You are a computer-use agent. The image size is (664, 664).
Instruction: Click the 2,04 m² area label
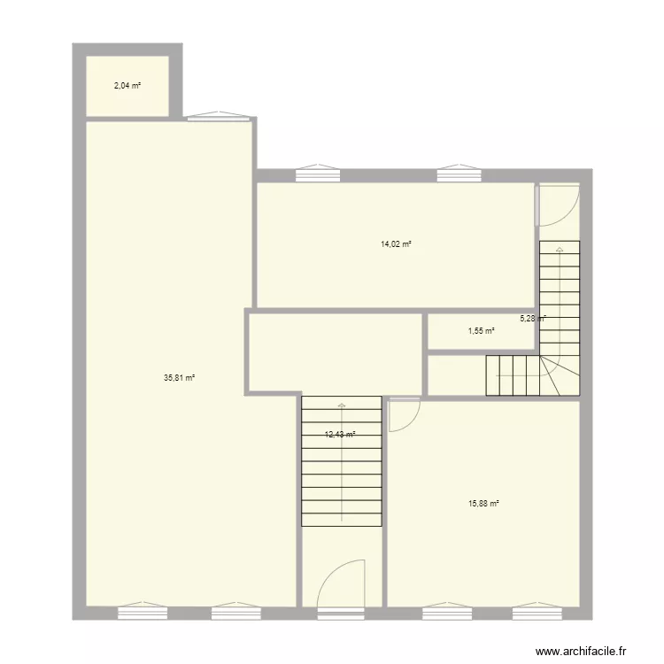[x=127, y=86]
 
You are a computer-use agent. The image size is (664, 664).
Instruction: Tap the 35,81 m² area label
[x=179, y=377]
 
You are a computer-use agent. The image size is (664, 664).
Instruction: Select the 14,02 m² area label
[x=396, y=243]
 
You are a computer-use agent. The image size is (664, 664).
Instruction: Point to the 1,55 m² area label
[x=481, y=331]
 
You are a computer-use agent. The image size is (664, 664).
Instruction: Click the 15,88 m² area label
[x=483, y=504]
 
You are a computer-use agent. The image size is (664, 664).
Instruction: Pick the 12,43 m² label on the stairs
[x=340, y=435]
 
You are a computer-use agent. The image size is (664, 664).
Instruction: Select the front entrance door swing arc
[x=342, y=583]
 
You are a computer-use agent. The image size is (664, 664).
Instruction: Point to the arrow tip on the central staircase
[x=342, y=405]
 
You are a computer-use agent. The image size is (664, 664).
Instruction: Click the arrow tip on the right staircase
[x=560, y=250]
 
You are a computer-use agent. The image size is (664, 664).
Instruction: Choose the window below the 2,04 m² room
[x=219, y=116]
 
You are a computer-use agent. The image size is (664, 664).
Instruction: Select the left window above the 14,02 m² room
[x=318, y=174]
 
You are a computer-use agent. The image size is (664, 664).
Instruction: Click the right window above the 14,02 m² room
[x=459, y=174]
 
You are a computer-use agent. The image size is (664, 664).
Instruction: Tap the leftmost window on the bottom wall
[x=143, y=612]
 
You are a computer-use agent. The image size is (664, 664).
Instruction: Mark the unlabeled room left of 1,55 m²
[x=335, y=351]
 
